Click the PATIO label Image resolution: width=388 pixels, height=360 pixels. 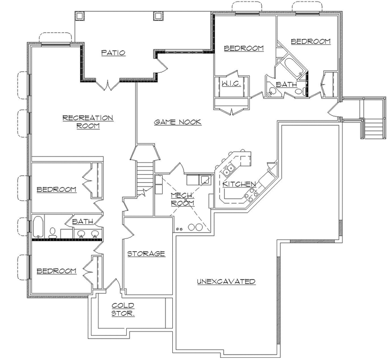[x=113, y=52]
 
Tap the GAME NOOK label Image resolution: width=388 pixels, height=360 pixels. [x=178, y=122]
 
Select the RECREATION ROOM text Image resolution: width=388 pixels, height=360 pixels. [x=88, y=122]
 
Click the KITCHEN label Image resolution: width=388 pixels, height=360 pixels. [x=239, y=184]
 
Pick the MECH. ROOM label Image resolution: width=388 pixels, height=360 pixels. [x=182, y=199]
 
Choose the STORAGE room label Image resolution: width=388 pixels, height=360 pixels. [x=146, y=253]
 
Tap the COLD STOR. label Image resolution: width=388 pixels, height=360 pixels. [x=123, y=309]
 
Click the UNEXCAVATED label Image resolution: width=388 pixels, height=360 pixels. [x=226, y=281]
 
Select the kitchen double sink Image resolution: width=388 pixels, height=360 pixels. [x=230, y=170]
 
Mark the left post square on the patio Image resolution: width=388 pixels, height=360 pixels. [x=80, y=16]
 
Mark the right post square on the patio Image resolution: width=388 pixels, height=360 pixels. [x=158, y=16]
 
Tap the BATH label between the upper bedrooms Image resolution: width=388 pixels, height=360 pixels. [x=286, y=85]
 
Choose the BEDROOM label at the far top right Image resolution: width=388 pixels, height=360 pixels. [x=310, y=41]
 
